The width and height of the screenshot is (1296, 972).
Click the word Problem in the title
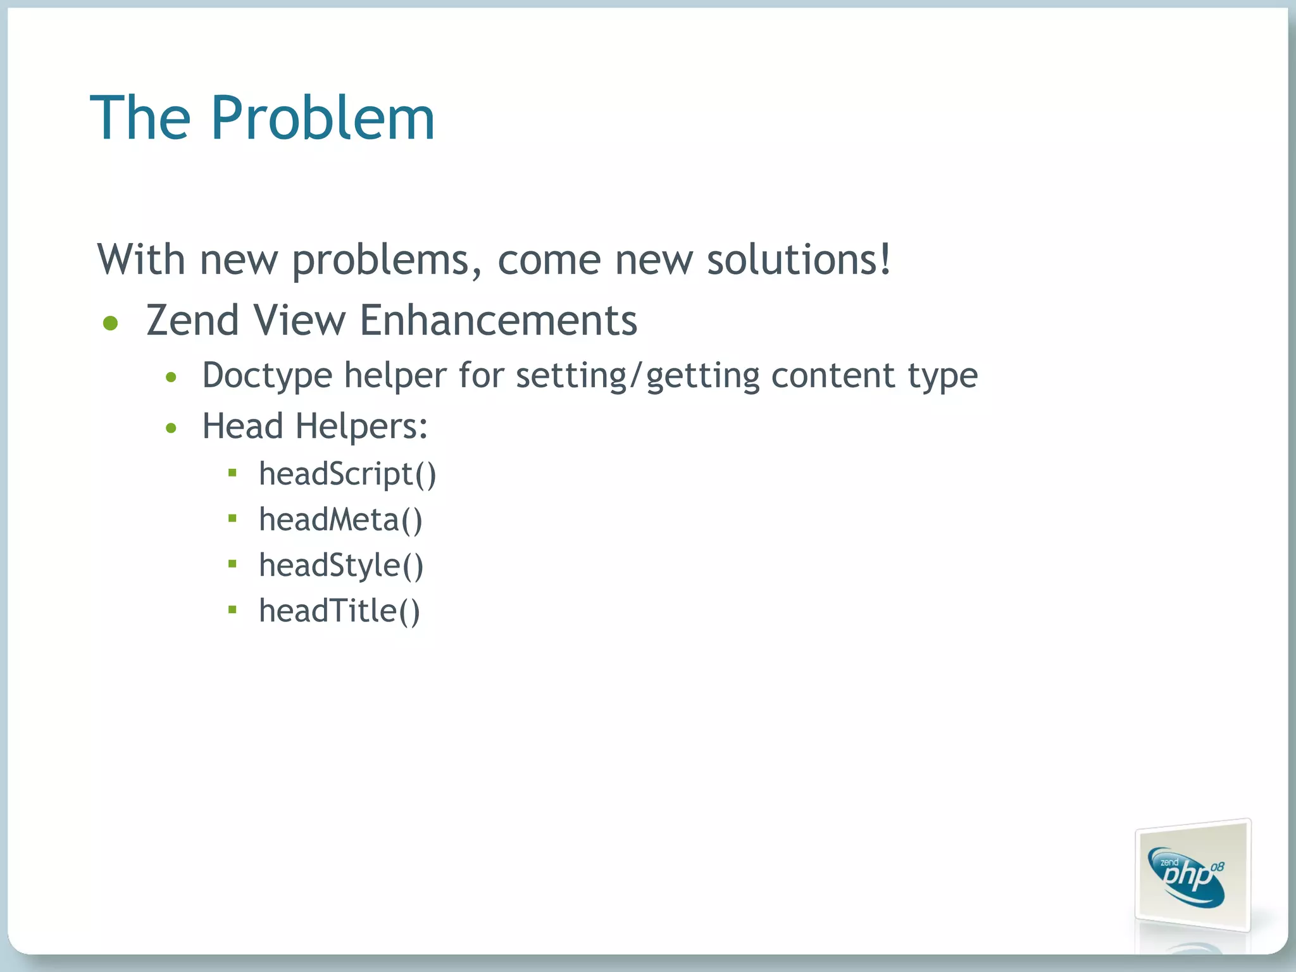(x=323, y=118)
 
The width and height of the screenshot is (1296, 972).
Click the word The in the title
(x=140, y=118)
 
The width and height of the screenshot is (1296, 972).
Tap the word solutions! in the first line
(x=799, y=259)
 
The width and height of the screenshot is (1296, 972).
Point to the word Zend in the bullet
(x=192, y=320)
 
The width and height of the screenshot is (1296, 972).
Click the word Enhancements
(x=498, y=320)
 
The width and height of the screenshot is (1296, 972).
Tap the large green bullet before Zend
(x=111, y=323)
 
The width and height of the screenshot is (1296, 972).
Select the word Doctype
(x=267, y=376)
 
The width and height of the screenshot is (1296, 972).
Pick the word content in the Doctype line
(x=833, y=375)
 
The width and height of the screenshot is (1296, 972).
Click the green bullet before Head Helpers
(x=171, y=428)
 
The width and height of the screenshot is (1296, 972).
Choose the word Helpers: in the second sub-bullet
(x=361, y=427)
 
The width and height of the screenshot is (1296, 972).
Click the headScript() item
(x=347, y=474)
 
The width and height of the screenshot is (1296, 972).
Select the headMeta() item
(x=340, y=520)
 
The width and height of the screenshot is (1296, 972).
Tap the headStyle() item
(x=341, y=565)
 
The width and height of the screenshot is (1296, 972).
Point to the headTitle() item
(x=339, y=611)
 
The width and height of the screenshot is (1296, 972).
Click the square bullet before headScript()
(x=232, y=472)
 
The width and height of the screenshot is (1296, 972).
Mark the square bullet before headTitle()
(x=232, y=609)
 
